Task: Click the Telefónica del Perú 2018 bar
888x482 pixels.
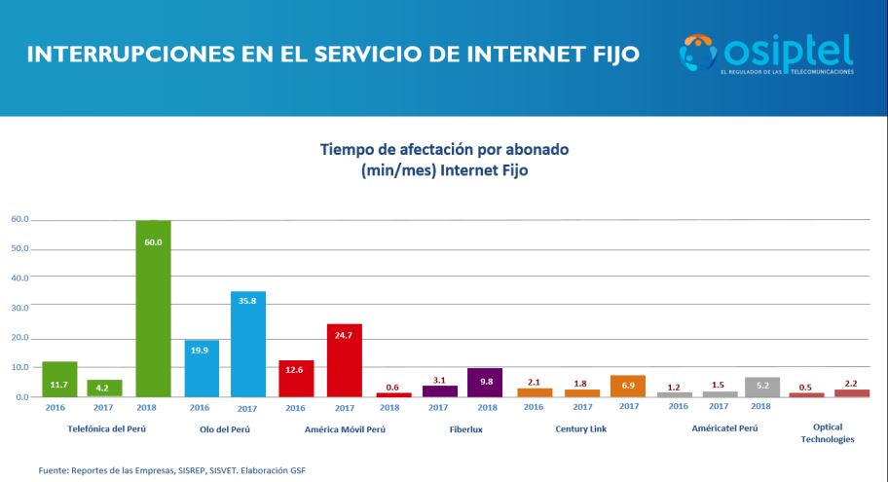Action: (153, 312)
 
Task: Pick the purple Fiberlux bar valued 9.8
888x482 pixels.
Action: (485, 383)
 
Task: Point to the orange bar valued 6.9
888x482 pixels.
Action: (627, 387)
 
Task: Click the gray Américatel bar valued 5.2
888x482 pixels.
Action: (762, 388)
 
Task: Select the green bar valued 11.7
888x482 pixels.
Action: (59, 380)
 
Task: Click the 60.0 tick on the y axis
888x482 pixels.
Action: (19, 220)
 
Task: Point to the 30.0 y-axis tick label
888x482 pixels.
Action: (19, 308)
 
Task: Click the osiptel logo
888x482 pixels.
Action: (767, 54)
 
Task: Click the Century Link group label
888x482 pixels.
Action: (582, 428)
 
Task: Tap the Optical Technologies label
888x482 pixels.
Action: (827, 433)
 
